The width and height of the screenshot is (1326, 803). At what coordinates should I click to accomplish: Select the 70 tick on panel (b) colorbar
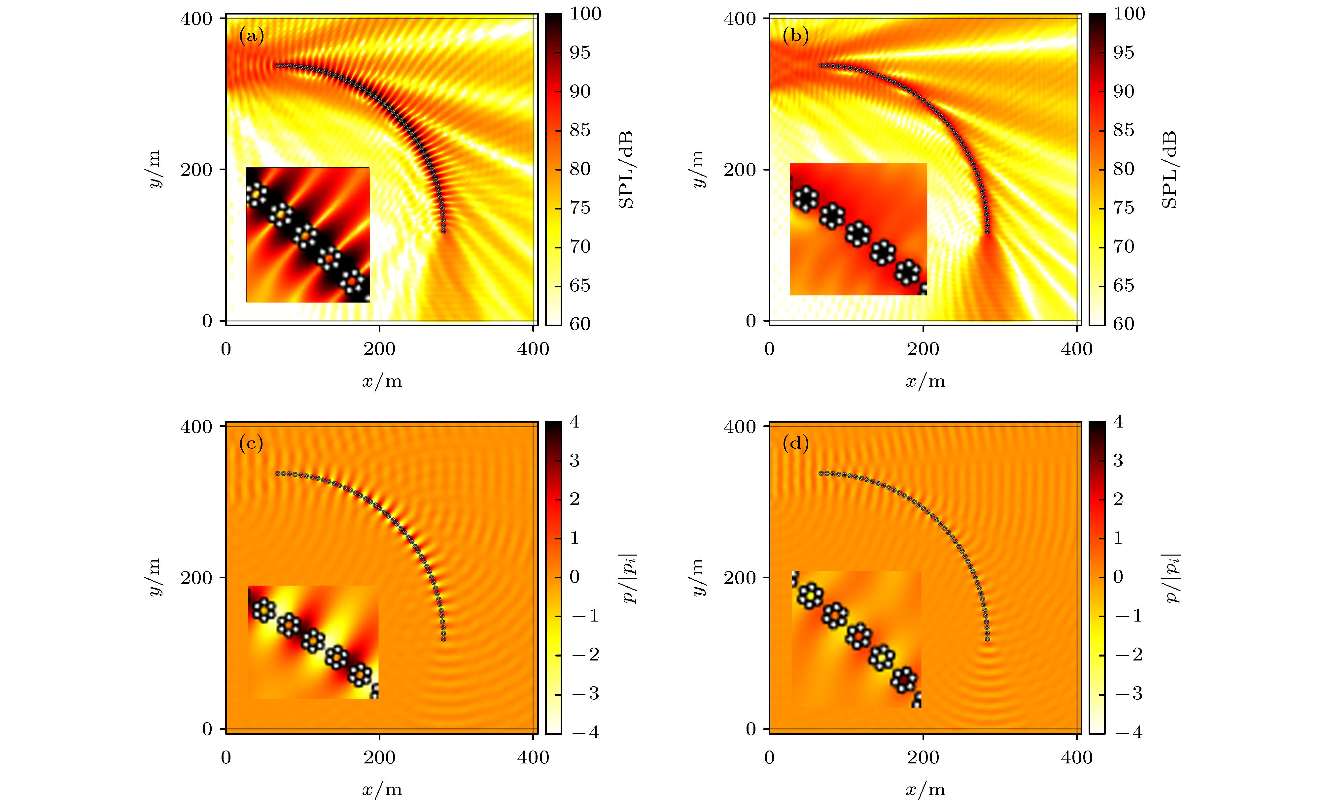[1123, 247]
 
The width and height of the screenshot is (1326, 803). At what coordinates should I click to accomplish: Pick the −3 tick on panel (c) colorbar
[585, 694]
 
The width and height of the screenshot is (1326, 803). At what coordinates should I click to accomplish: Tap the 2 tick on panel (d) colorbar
[1118, 499]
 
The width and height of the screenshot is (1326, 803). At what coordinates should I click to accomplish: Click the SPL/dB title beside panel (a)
[626, 170]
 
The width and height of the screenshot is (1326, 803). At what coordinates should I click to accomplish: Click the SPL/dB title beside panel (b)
[1169, 170]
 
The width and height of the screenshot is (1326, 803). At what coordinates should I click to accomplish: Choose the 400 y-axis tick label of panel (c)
[196, 427]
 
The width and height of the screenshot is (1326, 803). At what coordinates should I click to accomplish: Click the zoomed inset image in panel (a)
[308, 235]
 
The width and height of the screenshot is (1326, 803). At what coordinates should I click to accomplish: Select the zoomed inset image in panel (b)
[858, 229]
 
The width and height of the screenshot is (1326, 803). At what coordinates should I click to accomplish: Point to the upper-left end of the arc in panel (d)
[821, 473]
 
